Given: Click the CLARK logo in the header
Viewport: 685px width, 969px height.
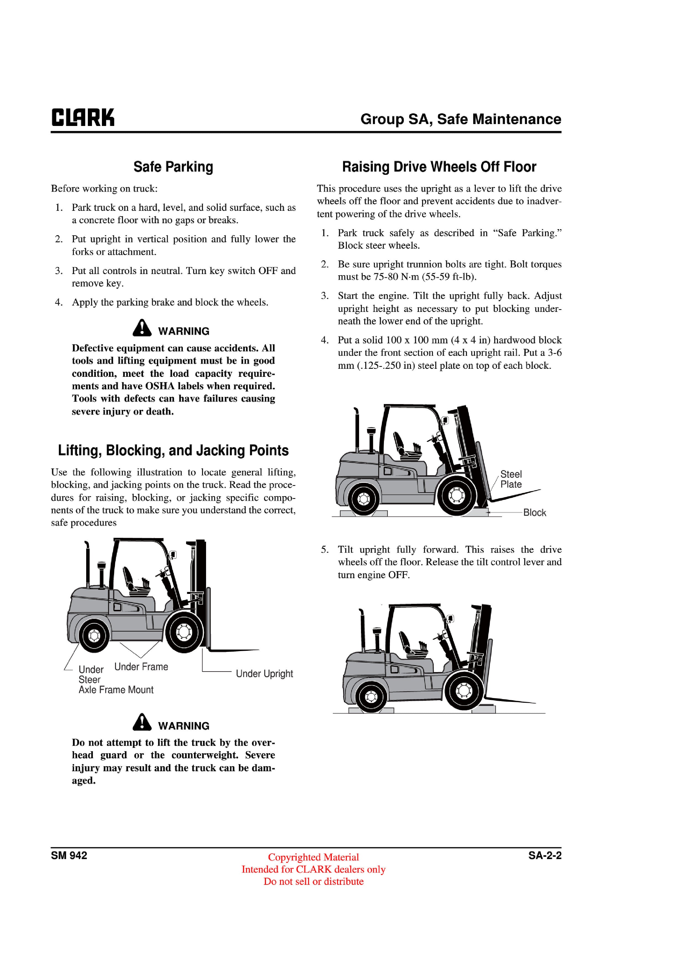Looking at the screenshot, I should (x=83, y=118).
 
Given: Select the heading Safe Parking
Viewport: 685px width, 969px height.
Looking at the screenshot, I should (x=173, y=167).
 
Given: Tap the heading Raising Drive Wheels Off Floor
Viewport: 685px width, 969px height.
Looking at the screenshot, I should (x=439, y=167).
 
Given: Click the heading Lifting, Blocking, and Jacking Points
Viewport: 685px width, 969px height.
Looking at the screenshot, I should (x=173, y=450).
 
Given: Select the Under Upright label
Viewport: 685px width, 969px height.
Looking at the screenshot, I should (x=264, y=673).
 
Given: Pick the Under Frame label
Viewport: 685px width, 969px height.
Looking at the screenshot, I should (x=141, y=667).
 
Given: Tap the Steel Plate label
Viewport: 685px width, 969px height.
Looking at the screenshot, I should (x=511, y=479).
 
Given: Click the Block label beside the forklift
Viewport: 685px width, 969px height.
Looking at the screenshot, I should (x=534, y=512).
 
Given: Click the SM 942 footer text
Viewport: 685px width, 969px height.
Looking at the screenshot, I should (x=69, y=855).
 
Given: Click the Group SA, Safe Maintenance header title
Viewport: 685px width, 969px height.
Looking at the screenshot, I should (x=460, y=119).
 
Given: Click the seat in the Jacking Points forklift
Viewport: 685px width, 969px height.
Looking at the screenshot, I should (x=135, y=582).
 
